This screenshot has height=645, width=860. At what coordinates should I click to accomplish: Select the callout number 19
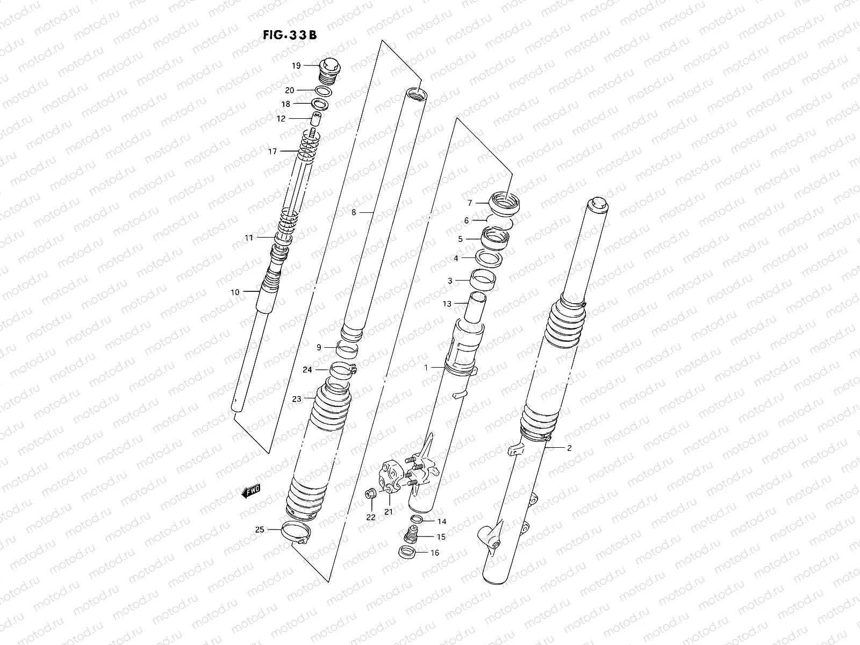click(x=296, y=66)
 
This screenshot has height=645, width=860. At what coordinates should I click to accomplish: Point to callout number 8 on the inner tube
click(x=354, y=212)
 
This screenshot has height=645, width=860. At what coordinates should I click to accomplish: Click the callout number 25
click(x=260, y=529)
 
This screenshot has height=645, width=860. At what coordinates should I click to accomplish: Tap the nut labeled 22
click(x=370, y=493)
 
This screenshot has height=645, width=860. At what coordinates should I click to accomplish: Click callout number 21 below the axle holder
click(x=388, y=512)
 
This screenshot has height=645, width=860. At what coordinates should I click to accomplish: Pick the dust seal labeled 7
click(x=505, y=205)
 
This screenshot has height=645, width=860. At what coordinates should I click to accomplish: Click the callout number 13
click(x=447, y=304)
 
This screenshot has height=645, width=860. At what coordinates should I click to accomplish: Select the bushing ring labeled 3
click(x=483, y=280)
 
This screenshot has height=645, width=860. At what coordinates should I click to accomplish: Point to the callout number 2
click(x=569, y=448)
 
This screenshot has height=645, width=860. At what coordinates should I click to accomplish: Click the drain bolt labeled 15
click(x=411, y=537)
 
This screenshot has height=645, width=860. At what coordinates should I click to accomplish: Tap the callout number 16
click(x=434, y=553)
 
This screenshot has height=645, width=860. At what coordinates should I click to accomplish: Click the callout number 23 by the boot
click(x=296, y=399)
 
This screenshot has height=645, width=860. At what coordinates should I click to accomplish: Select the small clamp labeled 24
click(x=343, y=370)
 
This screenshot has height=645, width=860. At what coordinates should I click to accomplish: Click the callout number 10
click(x=235, y=292)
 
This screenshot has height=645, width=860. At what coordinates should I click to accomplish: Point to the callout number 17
click(x=273, y=152)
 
